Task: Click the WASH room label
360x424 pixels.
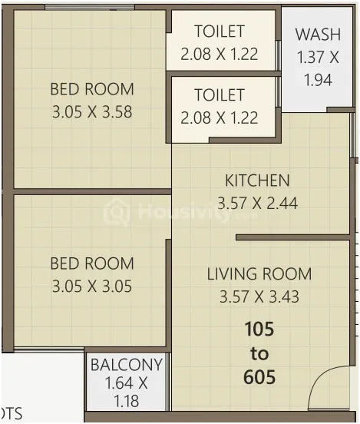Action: [x=318, y=35]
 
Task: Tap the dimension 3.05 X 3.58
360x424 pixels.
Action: [x=92, y=112]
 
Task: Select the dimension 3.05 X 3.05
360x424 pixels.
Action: [x=92, y=287]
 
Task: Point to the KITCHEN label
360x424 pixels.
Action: [x=257, y=181]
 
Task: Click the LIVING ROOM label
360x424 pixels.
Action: [x=259, y=273]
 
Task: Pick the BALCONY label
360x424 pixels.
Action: [x=127, y=365]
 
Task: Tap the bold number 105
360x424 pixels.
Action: [x=259, y=329]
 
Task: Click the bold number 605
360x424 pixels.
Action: [x=259, y=376]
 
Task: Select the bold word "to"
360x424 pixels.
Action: [x=259, y=353]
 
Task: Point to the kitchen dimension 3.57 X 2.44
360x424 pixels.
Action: [x=257, y=203]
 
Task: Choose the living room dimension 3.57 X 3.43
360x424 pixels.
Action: [x=259, y=296]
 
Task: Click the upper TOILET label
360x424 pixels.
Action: [x=220, y=31]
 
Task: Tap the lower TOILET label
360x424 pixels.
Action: [x=220, y=95]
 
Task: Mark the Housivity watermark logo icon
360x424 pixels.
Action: [x=117, y=212]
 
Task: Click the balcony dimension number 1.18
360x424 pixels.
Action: [x=127, y=401]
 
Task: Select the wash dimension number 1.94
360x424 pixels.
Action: [x=318, y=80]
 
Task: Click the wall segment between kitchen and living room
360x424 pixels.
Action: [x=293, y=237]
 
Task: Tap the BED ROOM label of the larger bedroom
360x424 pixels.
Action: [x=92, y=89]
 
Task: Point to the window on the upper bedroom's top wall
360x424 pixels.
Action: [x=90, y=8]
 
